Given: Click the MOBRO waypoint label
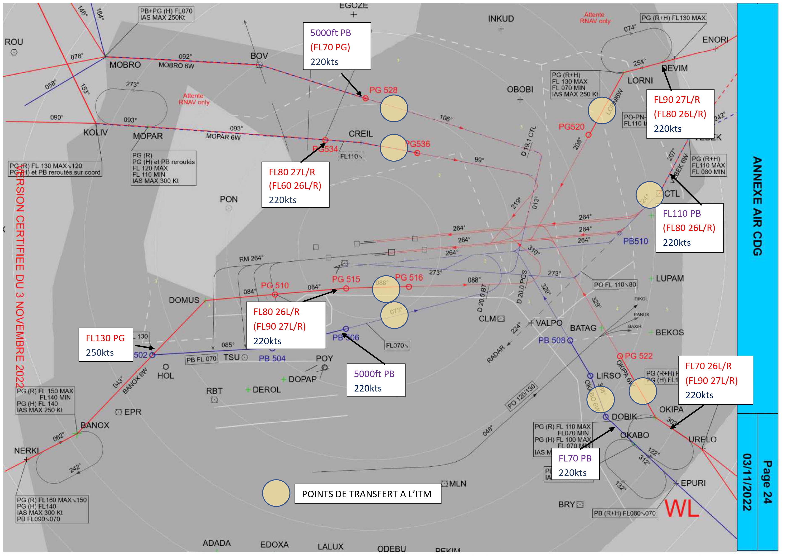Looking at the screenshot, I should pos(125,65).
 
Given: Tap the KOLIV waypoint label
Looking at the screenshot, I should pos(95,133).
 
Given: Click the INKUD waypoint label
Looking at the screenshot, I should pos(501,19).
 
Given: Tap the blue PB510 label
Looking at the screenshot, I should pos(635,241).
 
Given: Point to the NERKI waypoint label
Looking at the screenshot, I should pos(26,451).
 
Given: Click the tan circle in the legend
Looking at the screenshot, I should pos(276,493).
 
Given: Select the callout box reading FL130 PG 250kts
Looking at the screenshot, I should pos(106,345).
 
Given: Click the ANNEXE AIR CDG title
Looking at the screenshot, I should pos(757,206).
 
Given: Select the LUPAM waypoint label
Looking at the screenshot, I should pos(670,279).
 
